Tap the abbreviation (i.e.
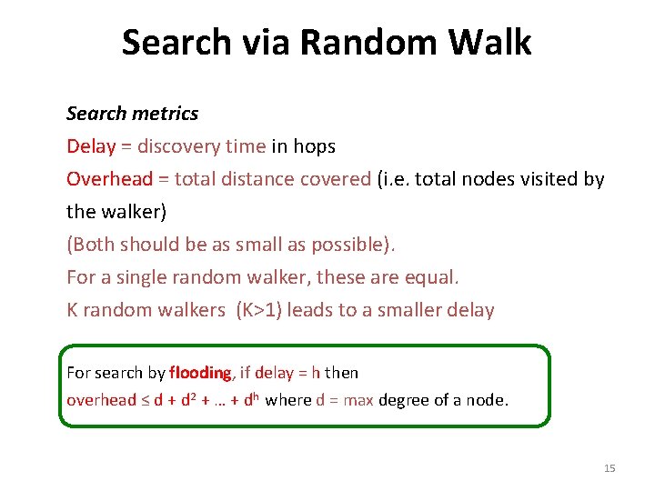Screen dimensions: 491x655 coord(393,179)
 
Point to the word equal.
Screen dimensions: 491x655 coord(436,277)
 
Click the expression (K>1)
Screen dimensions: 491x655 coord(264,310)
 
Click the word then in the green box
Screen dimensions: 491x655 coord(341,373)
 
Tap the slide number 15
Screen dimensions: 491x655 coord(610,468)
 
